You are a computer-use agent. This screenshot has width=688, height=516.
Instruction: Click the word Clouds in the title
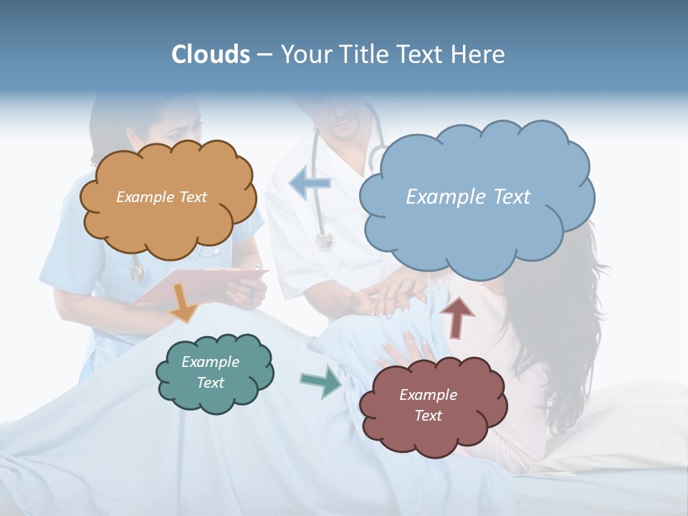pyautogui.click(x=210, y=54)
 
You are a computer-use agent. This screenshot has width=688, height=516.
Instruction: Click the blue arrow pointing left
pyautogui.click(x=310, y=183)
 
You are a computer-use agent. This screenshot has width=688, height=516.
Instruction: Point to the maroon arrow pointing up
pyautogui.click(x=458, y=316)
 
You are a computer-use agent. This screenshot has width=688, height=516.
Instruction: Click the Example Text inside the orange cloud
pyautogui.click(x=161, y=197)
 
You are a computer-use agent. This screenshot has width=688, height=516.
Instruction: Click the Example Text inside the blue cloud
pyautogui.click(x=468, y=197)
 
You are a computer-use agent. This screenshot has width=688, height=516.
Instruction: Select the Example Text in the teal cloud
pyautogui.click(x=210, y=372)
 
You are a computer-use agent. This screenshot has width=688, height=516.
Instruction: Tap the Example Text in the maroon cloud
pyautogui.click(x=428, y=405)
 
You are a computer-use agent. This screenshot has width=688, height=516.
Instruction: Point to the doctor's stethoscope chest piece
pyautogui.click(x=325, y=242)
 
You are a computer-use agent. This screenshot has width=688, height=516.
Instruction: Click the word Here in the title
pyautogui.click(x=481, y=54)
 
